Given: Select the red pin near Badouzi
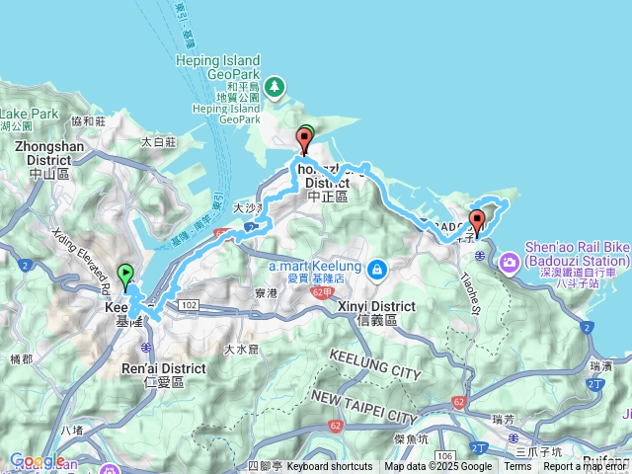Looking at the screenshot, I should pos(478,221).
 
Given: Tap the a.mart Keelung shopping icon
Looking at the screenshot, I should pos(377,270).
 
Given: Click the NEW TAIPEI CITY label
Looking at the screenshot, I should pos(361,403).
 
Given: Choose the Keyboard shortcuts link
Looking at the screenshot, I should pos(330,467).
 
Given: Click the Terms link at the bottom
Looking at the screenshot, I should pos(517,467).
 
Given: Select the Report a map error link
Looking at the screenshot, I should pos(585,467).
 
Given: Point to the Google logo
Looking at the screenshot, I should pos(37,460).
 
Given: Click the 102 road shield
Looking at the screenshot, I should pos(190,306).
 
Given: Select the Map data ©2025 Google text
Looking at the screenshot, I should pos(437,467).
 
